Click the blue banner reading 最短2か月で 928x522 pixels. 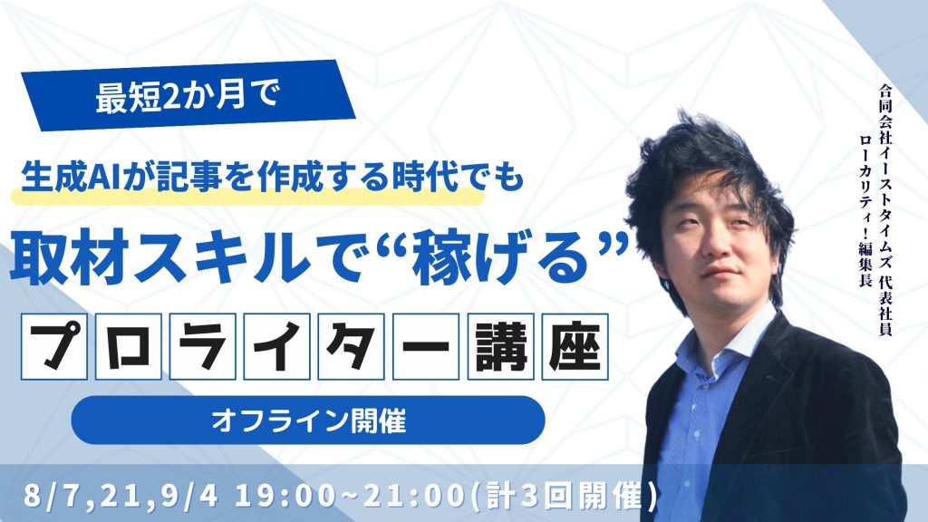tap(188, 95)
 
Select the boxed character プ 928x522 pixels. tap(53, 346)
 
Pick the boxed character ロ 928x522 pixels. tap(129, 346)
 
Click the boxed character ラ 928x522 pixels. tap(202, 346)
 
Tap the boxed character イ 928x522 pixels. tap(277, 346)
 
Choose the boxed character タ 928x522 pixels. tap(351, 346)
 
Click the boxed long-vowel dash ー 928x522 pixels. tap(426, 346)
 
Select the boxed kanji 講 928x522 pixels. tap(500, 346)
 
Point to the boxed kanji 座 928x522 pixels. tap(575, 346)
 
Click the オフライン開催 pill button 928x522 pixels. tap(308, 420)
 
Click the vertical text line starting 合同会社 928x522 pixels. tap(885, 210)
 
